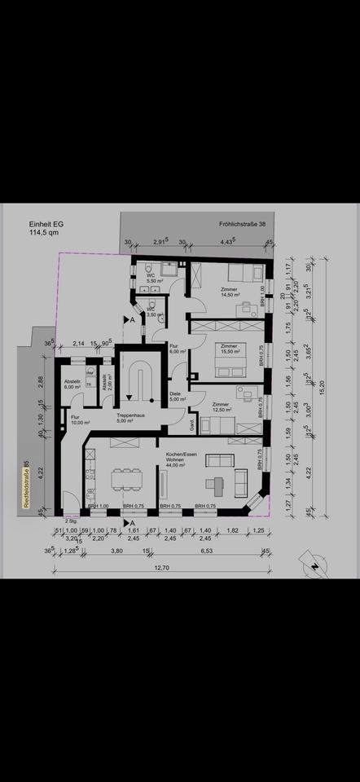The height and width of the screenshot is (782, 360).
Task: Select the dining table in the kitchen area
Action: (x=125, y=477)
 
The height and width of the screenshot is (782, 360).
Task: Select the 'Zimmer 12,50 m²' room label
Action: (x=221, y=407)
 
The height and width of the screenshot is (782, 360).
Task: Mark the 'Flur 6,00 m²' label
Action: (x=177, y=348)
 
